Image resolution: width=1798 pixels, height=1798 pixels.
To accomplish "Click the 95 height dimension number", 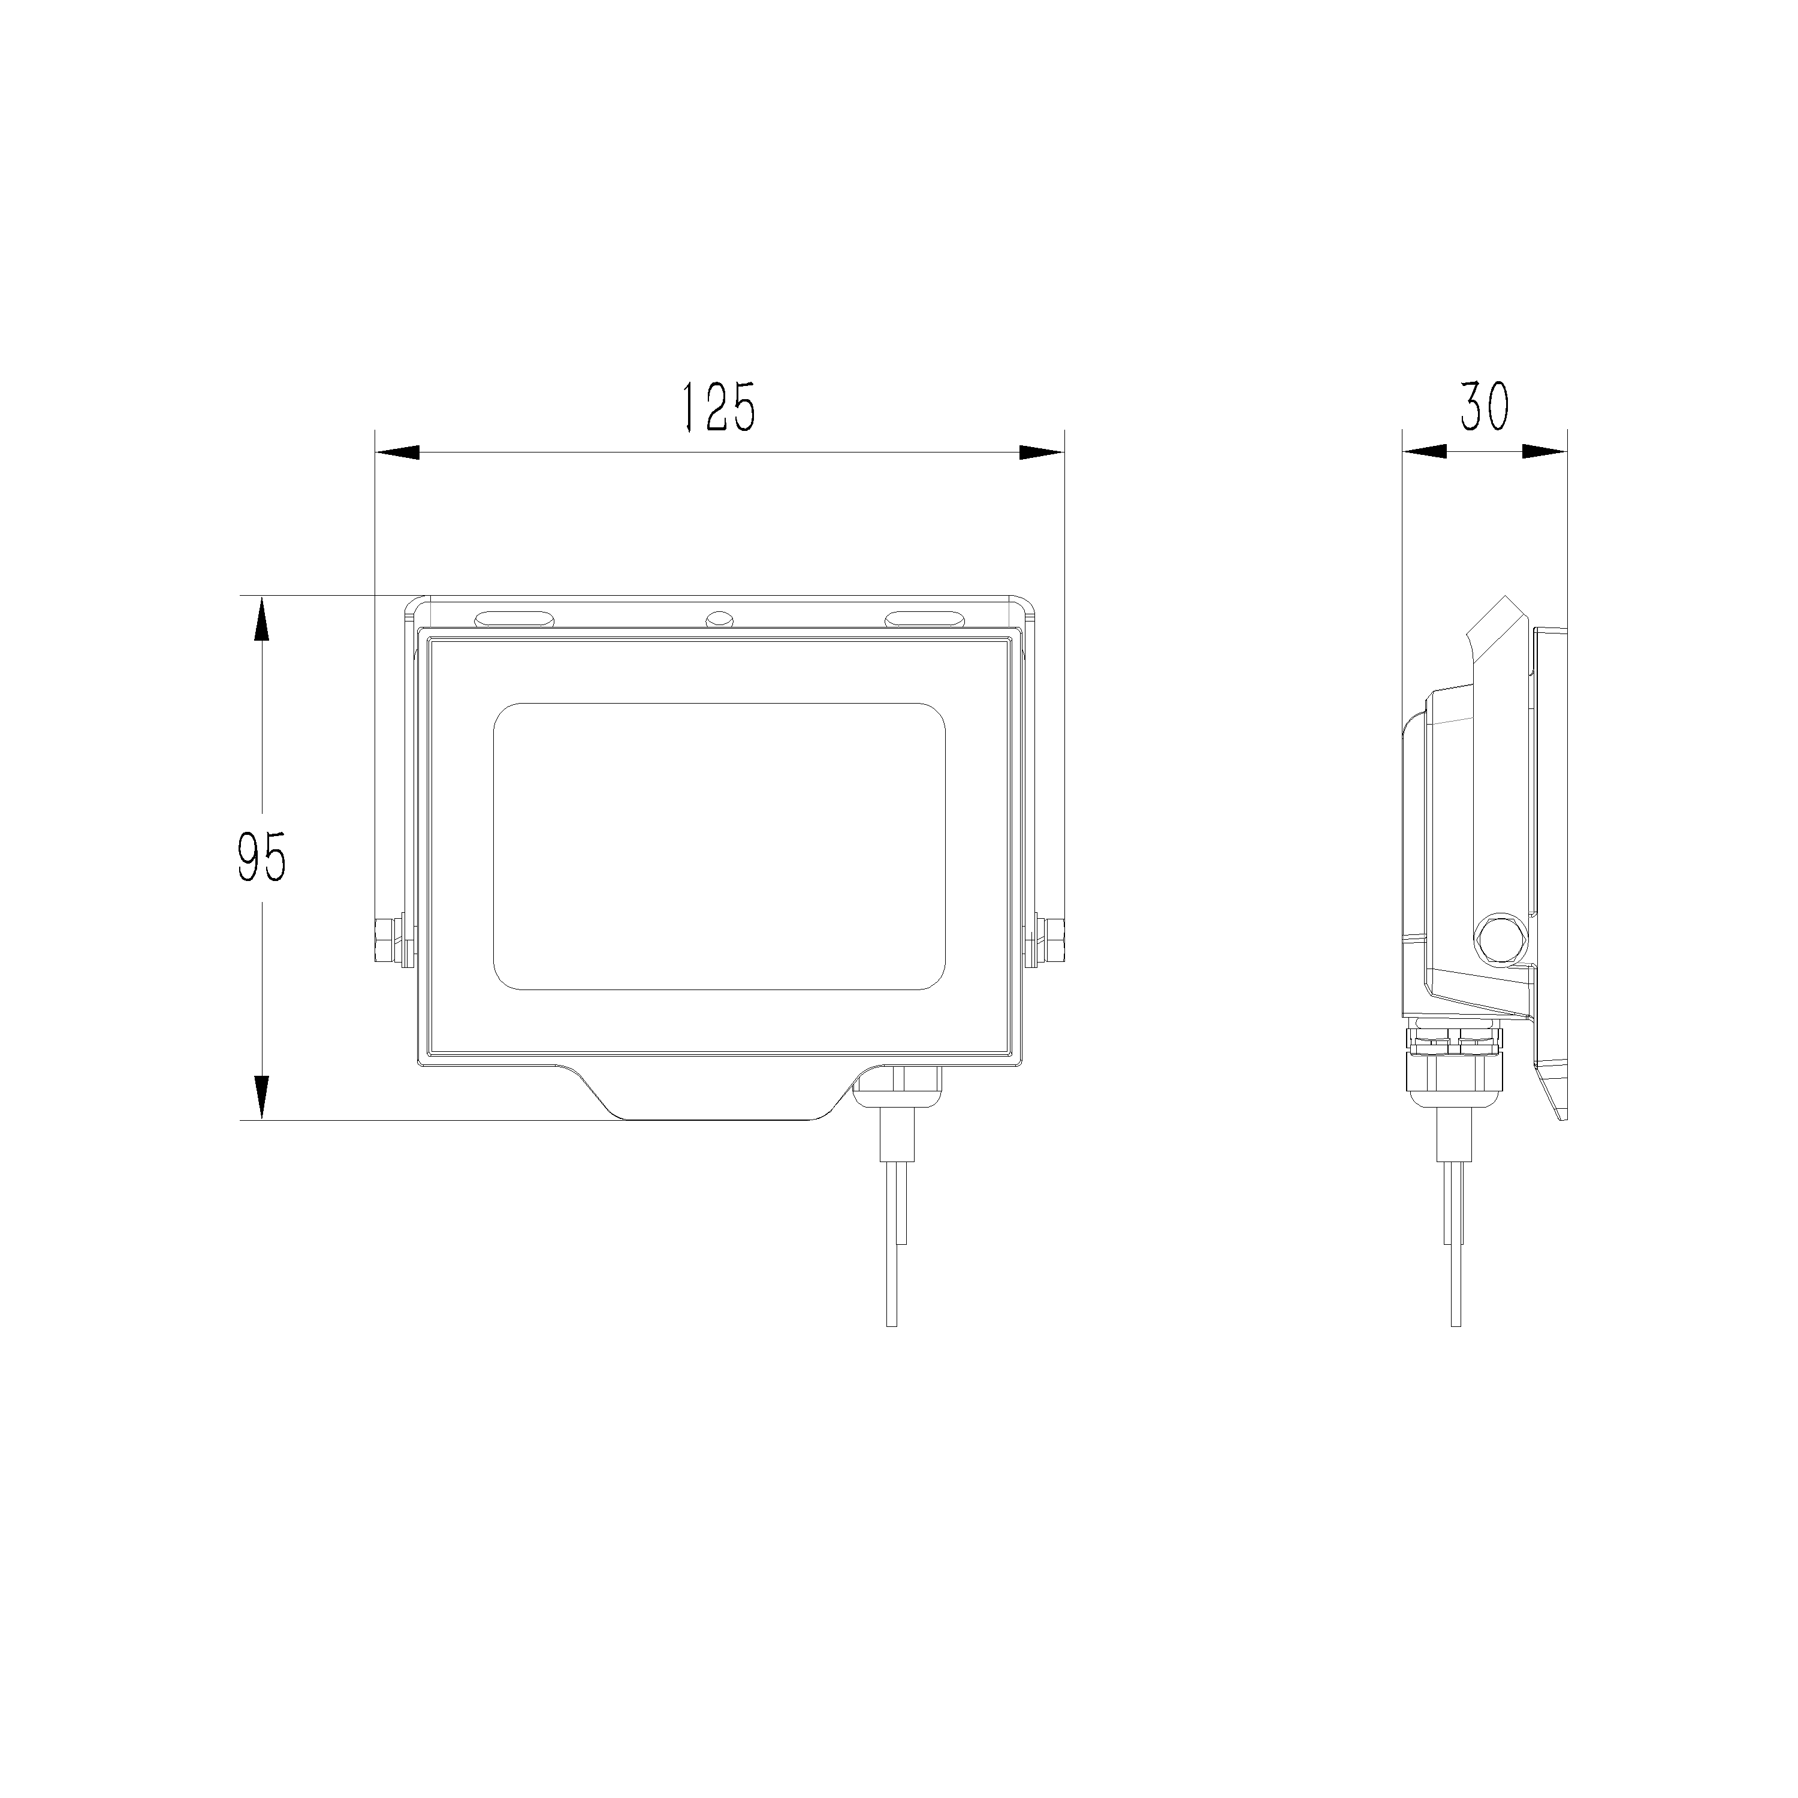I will point(261,856).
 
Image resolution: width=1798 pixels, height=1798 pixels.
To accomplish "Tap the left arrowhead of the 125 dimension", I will point(397,452).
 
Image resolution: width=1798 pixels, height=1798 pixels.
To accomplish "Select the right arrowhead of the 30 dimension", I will point(1544,452).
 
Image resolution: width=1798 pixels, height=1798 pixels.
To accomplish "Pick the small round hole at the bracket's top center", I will point(719,618).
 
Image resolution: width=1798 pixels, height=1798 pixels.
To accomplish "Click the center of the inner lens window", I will point(719,846).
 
